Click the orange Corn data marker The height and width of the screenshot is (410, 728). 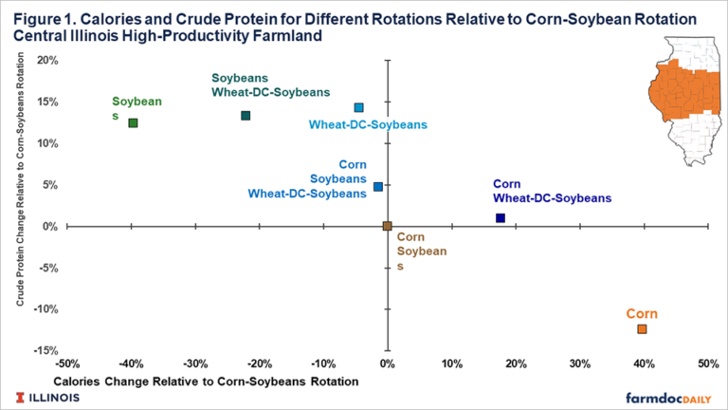tap(642, 328)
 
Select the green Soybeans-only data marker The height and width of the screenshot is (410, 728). tap(133, 122)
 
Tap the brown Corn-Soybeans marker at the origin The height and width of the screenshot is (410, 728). tap(387, 226)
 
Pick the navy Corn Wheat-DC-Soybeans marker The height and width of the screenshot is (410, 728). tap(500, 218)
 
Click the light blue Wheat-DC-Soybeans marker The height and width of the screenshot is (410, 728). tap(358, 108)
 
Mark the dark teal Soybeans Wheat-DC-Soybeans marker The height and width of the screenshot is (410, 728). tap(246, 116)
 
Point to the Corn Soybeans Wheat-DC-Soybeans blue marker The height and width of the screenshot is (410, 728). tap(377, 187)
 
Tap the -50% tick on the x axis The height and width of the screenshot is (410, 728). tap(66, 363)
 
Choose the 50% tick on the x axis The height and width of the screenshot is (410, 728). tap(708, 363)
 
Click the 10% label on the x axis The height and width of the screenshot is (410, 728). tap(451, 363)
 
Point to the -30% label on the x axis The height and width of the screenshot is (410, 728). tap(195, 363)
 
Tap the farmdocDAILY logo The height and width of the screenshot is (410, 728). tap(667, 397)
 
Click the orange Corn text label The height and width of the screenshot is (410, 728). tap(642, 313)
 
